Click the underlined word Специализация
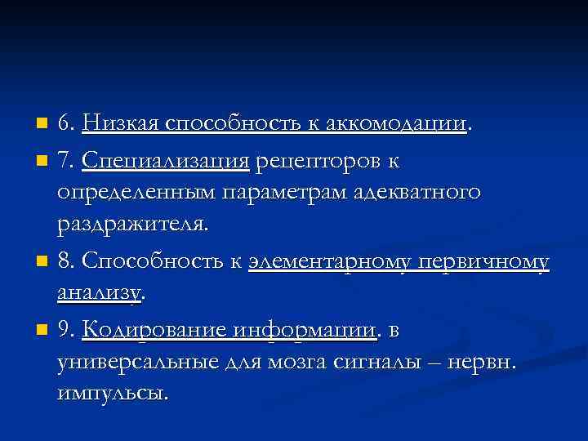[x=166, y=161]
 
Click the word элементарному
[x=328, y=261]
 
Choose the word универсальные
[x=139, y=362]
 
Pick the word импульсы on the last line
[x=113, y=394]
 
